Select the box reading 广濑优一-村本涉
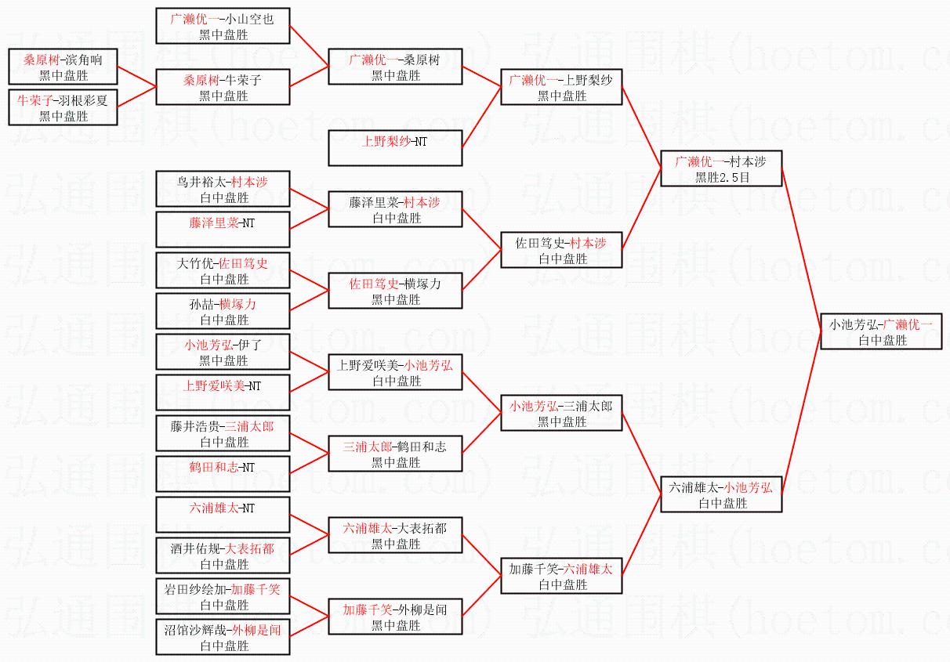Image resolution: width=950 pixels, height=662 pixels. [x=721, y=168]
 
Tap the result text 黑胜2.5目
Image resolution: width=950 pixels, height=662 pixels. [x=721, y=178]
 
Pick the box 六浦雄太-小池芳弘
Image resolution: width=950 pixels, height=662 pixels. [x=721, y=494]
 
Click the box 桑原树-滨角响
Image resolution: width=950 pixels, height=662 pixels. [x=63, y=67]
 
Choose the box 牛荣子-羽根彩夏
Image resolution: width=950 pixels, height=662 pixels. [x=63, y=107]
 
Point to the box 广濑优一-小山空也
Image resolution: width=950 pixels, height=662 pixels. [x=223, y=26]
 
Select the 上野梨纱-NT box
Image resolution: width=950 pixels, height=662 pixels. [x=395, y=148]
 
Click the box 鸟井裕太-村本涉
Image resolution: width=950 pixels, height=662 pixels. [x=223, y=189]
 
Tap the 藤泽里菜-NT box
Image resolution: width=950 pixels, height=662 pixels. [x=223, y=230]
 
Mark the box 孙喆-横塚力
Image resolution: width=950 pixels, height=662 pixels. [x=223, y=311]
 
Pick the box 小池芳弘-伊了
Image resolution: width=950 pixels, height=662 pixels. [x=223, y=352]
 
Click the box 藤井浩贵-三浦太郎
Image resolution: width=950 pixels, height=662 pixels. [x=223, y=433]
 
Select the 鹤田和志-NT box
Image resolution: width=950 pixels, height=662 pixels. [x=223, y=474]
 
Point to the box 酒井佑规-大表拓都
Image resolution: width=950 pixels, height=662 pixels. [x=223, y=555]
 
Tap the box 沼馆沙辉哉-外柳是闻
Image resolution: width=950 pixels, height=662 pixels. [x=223, y=637]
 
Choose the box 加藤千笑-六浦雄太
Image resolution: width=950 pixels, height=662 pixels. [x=561, y=576]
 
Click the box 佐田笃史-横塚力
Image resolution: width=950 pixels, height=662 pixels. [x=395, y=291]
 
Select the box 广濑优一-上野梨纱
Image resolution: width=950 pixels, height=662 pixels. [x=561, y=87]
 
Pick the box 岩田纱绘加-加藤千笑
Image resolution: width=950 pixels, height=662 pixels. [x=223, y=596]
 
